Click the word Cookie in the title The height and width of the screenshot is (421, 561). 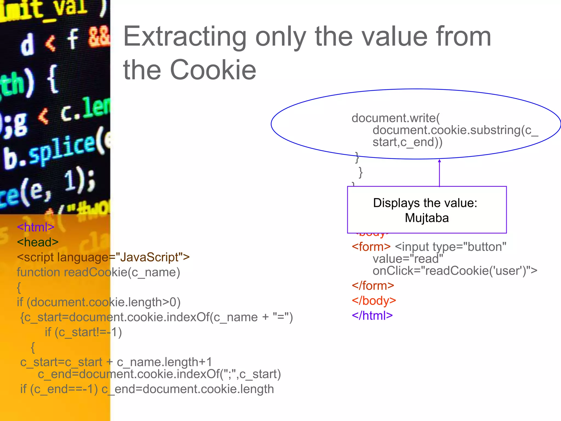pos(213,70)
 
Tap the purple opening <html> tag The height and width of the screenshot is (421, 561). pos(36,227)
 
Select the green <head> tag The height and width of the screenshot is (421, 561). pos(38,242)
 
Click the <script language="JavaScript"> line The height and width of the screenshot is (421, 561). pos(103,257)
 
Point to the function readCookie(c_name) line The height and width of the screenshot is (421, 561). pos(98,272)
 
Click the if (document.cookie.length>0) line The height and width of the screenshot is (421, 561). pos(99,302)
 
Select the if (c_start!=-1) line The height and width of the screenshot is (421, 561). pos(83,332)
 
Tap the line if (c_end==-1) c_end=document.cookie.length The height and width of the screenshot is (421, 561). pos(147,389)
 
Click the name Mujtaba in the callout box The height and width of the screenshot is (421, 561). pos(427,218)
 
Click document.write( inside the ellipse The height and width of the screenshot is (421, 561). pos(396,118)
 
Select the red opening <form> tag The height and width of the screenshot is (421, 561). pos(371,247)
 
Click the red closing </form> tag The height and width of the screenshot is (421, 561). pos(373,286)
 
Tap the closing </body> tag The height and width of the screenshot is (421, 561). pos(374,301)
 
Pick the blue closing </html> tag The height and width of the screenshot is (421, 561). pos(372,316)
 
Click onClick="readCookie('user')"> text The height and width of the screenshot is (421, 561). pos(455,271)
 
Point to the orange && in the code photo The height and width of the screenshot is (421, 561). pos(99,38)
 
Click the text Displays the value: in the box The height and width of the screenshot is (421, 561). pos(425,203)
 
